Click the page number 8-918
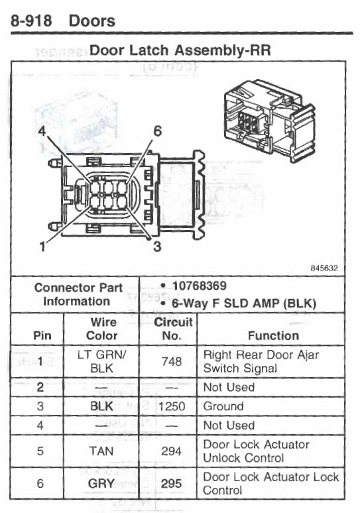(31, 21)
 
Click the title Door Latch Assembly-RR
(180, 50)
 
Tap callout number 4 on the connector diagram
(42, 131)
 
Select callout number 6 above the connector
(157, 131)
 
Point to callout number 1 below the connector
(42, 247)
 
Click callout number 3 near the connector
(157, 247)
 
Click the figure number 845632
(324, 268)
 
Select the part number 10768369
(200, 286)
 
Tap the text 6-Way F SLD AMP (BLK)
(244, 304)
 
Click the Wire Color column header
(102, 329)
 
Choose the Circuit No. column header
(173, 329)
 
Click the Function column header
(273, 335)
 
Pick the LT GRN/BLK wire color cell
(102, 361)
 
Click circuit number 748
(172, 361)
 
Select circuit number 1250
(172, 406)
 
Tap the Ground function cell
(223, 406)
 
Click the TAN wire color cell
(101, 451)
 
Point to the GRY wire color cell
(101, 484)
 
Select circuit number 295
(171, 484)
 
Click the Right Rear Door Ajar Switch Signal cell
(261, 361)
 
